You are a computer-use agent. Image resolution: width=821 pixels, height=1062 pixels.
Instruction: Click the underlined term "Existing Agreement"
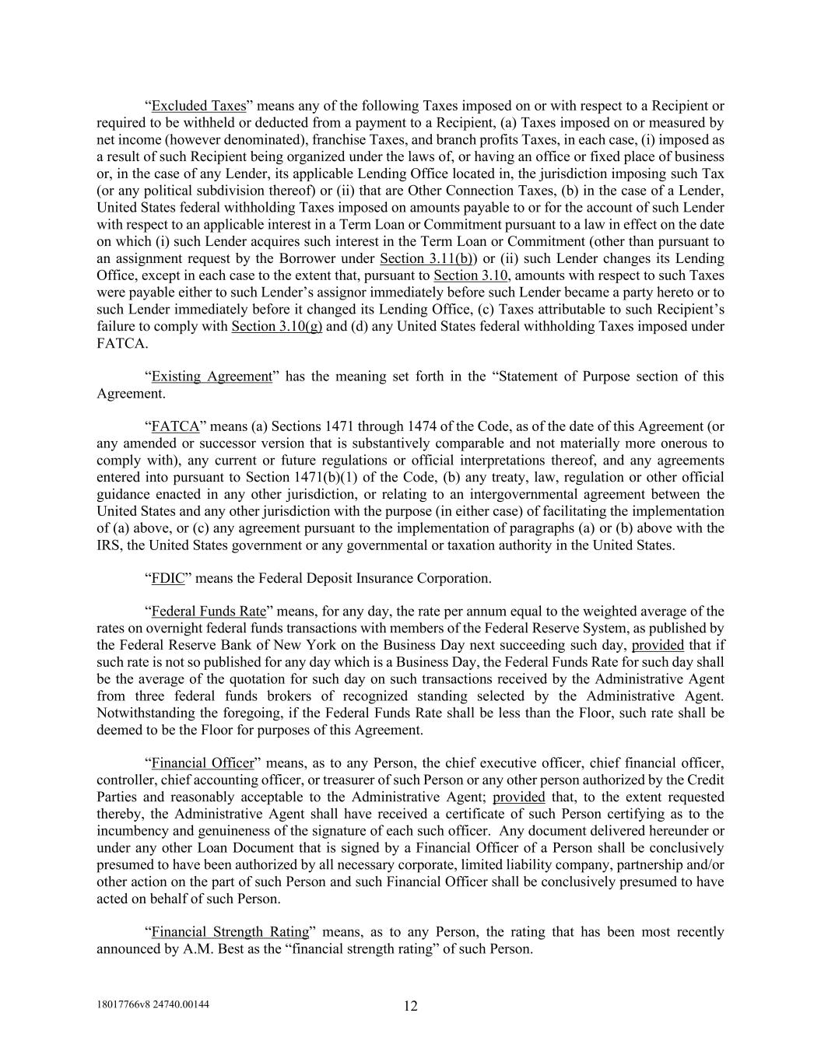pos(212,377)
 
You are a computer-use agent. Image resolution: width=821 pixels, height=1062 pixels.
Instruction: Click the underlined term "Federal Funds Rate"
pos(209,612)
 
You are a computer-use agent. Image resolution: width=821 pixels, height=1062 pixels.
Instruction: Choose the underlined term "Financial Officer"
pos(202,763)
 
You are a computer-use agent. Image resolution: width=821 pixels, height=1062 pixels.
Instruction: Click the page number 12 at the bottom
pos(411,1006)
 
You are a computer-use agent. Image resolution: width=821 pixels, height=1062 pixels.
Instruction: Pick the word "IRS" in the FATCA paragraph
pos(108,545)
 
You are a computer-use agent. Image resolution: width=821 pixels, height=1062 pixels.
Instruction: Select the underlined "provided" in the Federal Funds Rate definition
pos(658,645)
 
